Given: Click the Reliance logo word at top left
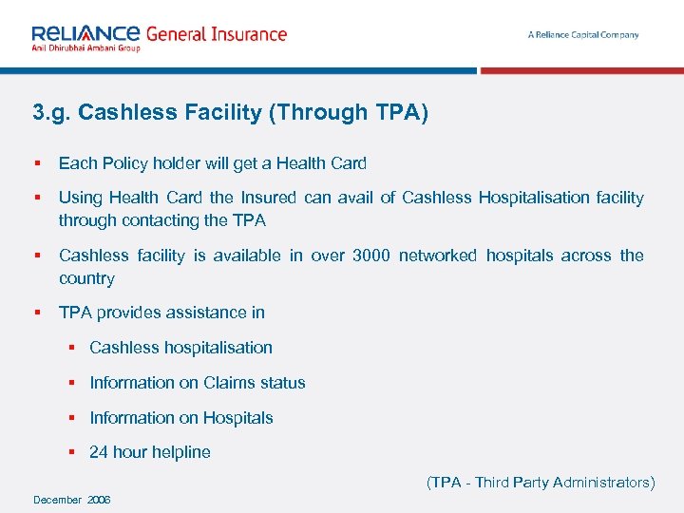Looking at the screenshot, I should point(85,33).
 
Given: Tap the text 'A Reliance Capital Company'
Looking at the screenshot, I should point(583,35).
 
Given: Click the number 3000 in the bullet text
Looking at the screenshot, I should point(370,256).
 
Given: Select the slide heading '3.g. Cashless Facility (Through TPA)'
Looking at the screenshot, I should point(230,113).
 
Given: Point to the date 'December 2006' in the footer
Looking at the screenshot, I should point(71,500).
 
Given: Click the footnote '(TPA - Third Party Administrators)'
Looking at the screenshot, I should point(541,483).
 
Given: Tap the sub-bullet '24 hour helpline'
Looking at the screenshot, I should point(150,452).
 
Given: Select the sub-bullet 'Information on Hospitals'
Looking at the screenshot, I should point(181,418).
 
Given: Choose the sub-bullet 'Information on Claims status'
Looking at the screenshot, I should point(198,383).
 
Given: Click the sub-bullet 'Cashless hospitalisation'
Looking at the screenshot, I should point(180,348).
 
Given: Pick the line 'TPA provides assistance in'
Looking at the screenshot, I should point(161,313).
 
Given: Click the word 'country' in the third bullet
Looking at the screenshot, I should point(86,278).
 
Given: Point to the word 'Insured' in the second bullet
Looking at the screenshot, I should point(268,198).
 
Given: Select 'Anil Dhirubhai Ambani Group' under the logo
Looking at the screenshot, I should point(85,47).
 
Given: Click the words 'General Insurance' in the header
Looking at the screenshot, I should point(216,34).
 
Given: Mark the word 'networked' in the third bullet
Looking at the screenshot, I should point(438,256).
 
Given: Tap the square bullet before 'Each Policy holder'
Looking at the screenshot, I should point(36,163).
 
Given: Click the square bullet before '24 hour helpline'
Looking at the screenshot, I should point(72,452).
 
